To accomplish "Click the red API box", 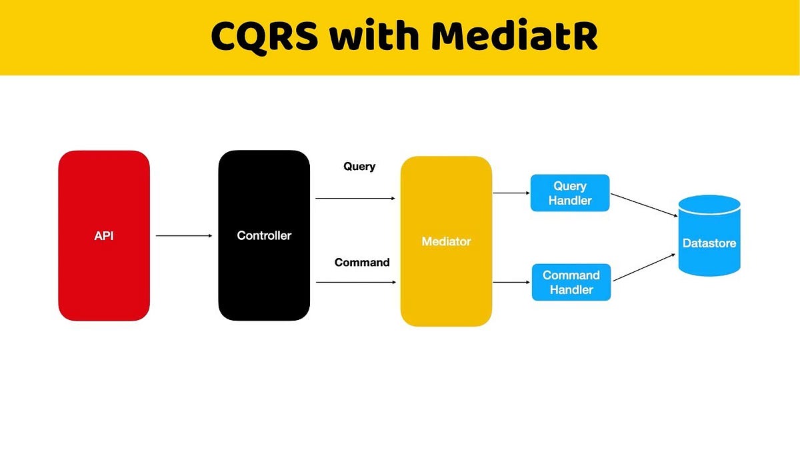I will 104,200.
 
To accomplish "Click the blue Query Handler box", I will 570,193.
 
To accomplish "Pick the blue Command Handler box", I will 571,282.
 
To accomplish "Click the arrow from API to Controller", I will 183,235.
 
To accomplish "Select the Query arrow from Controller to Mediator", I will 355,198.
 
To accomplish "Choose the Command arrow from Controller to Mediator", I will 355,282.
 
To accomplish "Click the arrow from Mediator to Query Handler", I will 511,193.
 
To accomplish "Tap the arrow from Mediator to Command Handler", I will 511,282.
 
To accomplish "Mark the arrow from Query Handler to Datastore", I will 644,205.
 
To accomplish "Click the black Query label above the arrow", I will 359,167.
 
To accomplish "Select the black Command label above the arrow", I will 362,263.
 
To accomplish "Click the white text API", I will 104,235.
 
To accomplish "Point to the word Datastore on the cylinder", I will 709,243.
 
